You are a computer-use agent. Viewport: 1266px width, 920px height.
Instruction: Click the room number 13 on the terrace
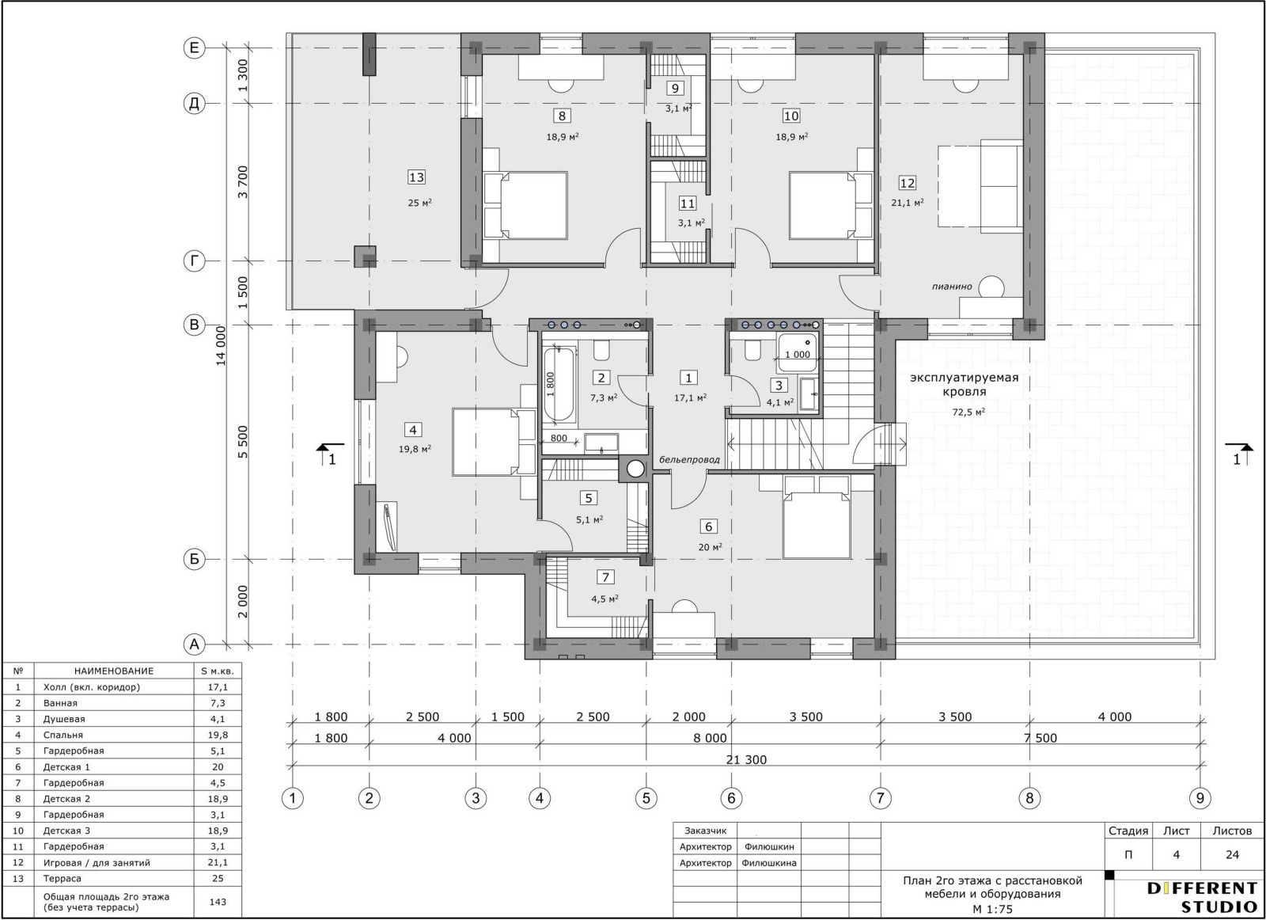(416, 177)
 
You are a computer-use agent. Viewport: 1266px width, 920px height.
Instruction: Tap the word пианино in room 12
(952, 286)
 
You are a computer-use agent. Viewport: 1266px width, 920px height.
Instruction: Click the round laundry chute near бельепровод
(635, 469)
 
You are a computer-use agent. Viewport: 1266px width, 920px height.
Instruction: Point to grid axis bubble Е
(194, 48)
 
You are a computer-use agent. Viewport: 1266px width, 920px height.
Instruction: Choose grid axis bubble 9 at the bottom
(1200, 798)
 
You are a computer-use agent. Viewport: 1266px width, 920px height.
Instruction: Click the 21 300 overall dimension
(746, 759)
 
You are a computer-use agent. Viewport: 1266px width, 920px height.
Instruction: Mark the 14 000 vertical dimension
(221, 345)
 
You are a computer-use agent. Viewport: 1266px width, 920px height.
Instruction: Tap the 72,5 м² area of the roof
(968, 412)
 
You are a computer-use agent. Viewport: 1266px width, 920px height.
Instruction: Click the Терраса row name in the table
(63, 878)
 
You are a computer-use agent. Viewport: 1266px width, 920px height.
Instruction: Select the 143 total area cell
(218, 901)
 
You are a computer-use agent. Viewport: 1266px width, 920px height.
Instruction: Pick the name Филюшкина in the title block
(768, 863)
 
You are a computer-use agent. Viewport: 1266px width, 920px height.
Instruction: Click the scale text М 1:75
(992, 909)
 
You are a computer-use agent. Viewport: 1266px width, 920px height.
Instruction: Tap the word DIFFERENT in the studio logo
(1202, 888)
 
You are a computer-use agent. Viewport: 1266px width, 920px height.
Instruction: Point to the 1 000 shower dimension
(798, 355)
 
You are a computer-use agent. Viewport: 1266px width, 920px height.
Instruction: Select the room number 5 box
(589, 497)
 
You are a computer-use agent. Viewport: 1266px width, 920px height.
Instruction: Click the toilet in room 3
(752, 352)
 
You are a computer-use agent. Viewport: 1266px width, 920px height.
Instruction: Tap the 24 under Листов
(1232, 854)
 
